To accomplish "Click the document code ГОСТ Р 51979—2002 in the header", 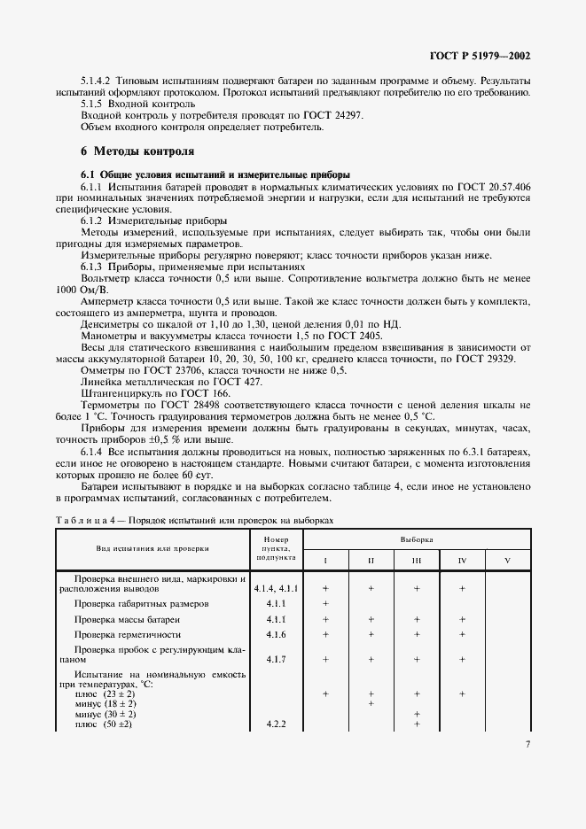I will pos(480,56).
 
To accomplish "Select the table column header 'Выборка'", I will pos(416,538).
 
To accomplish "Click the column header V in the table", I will pos(507,561).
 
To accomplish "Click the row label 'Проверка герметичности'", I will pos(128,635).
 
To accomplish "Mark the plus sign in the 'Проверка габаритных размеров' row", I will pos(325,603).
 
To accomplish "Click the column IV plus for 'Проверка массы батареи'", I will pos(462,619).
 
